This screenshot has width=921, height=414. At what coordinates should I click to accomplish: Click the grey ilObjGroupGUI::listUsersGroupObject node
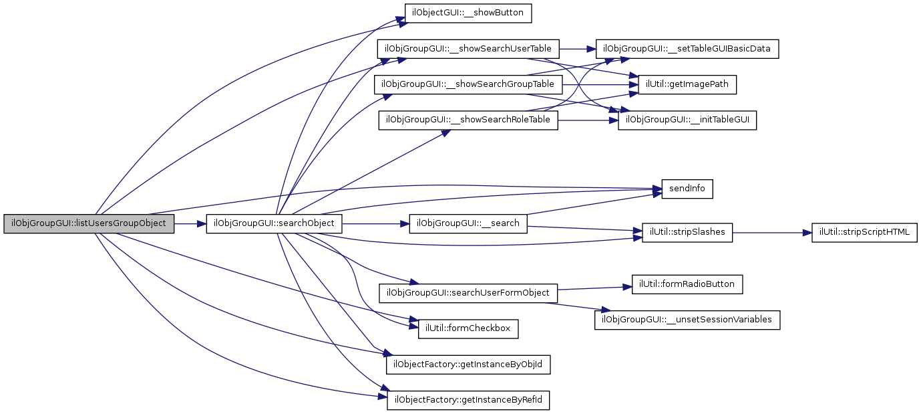tap(89, 223)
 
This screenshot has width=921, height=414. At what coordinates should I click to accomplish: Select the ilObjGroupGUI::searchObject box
tap(274, 223)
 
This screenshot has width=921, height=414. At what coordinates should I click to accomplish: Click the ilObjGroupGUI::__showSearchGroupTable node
tap(468, 85)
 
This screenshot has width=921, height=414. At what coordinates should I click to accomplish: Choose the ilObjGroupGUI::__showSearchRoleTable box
tap(468, 120)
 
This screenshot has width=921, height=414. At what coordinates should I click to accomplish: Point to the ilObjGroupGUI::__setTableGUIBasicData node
tap(687, 49)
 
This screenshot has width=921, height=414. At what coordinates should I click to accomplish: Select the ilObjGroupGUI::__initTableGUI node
tap(687, 120)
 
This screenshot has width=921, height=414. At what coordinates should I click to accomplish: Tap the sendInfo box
tap(687, 189)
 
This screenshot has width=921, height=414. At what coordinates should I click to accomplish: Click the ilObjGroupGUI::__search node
tap(468, 223)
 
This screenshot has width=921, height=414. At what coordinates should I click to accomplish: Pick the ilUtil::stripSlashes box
tap(687, 233)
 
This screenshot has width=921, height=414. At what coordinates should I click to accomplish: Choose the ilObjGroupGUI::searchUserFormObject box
tap(468, 293)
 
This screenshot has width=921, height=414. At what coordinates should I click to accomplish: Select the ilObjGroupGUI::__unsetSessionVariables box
tap(687, 320)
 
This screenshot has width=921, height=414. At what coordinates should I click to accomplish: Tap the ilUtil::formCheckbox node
tap(468, 328)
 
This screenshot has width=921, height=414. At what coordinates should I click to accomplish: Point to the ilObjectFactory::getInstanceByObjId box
tap(468, 365)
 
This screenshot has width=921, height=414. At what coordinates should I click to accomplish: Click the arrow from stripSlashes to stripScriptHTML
tap(772, 233)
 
